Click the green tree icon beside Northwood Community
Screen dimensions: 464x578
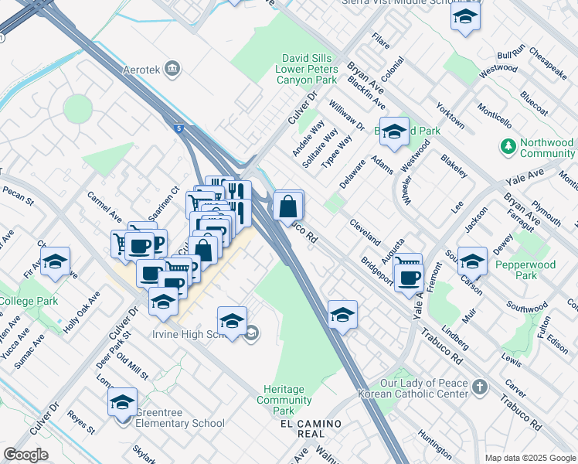[508, 146]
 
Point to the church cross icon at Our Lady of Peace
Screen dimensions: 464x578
[479, 386]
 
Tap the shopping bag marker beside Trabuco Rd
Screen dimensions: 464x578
[287, 207]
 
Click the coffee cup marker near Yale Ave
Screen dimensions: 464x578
[408, 276]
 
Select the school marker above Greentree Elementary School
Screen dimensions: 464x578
[122, 403]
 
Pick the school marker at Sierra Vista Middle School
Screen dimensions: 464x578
[465, 17]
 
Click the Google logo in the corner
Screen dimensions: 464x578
[26, 454]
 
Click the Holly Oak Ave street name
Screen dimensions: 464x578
[82, 312]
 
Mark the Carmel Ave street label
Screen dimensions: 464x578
[104, 206]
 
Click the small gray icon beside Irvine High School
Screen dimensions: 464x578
[252, 333]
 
